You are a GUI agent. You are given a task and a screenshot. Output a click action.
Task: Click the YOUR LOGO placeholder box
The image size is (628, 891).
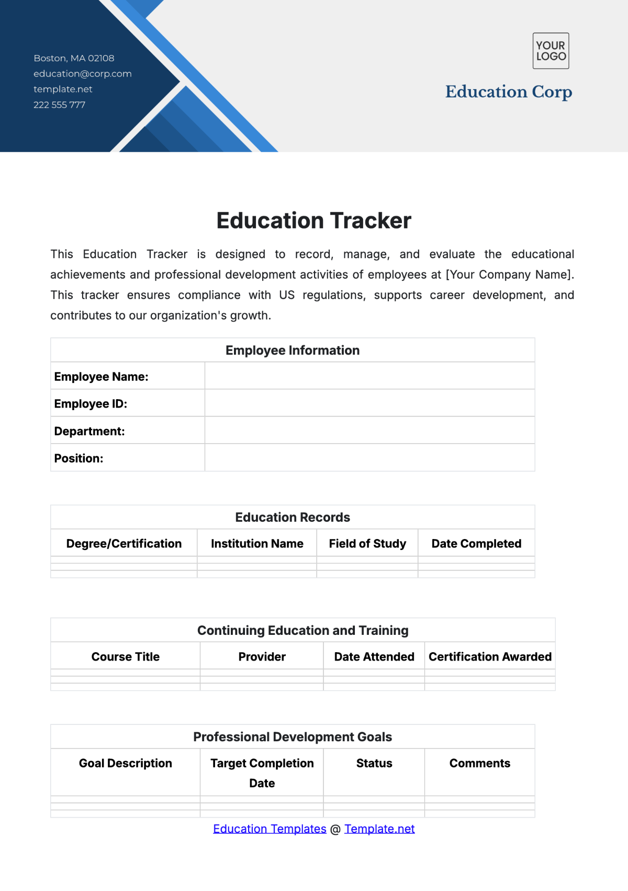coord(551,51)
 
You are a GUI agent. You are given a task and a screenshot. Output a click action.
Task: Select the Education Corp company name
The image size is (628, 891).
coord(508,92)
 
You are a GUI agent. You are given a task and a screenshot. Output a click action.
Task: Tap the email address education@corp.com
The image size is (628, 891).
coord(83,74)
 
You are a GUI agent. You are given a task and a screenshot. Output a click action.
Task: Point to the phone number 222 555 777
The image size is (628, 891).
coord(59,105)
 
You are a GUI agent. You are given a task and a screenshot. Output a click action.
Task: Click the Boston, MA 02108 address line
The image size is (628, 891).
coord(74,58)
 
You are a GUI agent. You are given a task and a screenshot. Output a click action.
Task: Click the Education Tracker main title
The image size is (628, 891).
coord(313,221)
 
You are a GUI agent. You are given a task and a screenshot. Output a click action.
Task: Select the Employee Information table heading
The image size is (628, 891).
coord(293,350)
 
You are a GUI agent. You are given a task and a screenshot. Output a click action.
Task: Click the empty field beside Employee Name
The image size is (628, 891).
coord(369,376)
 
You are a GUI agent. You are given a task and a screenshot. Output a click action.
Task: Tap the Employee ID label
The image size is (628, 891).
coord(91,404)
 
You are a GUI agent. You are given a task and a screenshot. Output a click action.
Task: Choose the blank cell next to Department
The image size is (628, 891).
coord(369,431)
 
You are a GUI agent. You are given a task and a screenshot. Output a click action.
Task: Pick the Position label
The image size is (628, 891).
coord(78,458)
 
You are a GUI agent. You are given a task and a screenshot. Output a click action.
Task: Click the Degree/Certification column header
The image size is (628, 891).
coord(124,544)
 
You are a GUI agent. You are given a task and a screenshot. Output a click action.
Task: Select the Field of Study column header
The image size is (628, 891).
coord(367,544)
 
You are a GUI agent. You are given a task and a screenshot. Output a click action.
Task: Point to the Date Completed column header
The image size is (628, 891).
coord(476,544)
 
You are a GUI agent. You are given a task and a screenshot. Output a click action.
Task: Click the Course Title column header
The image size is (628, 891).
coord(126,657)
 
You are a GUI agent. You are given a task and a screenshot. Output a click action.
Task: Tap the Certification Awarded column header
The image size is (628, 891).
coord(490,657)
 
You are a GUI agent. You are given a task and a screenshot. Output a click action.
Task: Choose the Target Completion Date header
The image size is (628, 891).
coord(262,773)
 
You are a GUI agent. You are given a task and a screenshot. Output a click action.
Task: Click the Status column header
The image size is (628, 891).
coord(374,763)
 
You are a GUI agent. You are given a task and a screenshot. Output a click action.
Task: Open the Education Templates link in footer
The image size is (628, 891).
coord(270,829)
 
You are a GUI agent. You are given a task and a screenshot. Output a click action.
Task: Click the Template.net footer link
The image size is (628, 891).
coord(379,829)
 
